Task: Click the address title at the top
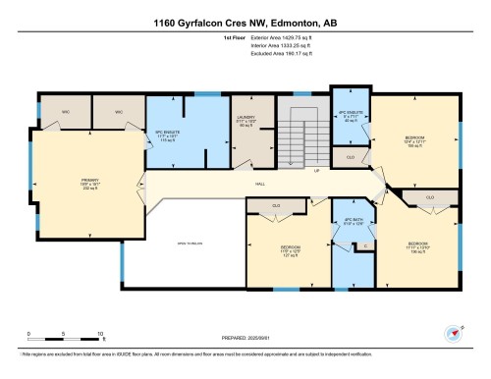coord(245,22)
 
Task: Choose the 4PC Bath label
coord(346,224)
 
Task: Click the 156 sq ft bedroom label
coord(419,245)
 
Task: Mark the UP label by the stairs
coord(316,170)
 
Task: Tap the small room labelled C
coord(363,245)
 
